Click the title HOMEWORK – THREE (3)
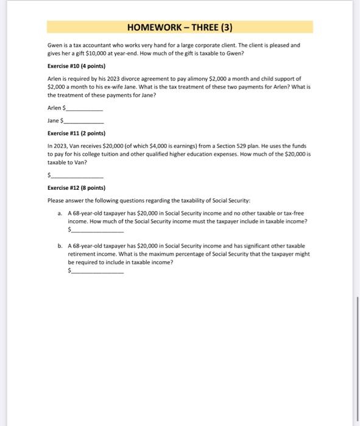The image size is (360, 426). click(180, 27)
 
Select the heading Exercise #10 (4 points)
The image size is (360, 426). click(76, 66)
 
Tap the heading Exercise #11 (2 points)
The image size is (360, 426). click(76, 133)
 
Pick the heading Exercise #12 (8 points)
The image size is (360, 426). click(76, 188)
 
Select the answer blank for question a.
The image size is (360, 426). click(97, 231)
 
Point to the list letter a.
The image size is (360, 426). click(60, 214)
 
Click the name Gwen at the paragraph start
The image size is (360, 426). click(54, 46)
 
